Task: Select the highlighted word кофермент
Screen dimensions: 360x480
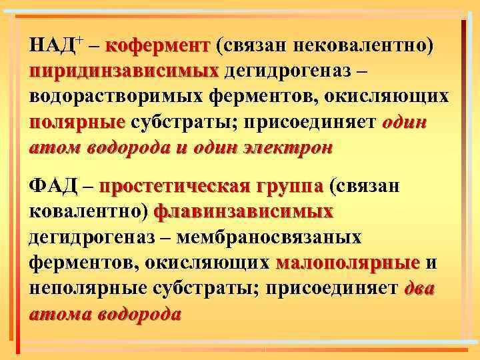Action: click(x=157, y=47)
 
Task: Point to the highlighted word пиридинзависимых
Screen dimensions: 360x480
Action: click(x=125, y=71)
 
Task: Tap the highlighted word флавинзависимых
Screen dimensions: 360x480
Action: click(x=243, y=212)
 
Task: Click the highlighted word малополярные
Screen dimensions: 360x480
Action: click(x=347, y=263)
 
